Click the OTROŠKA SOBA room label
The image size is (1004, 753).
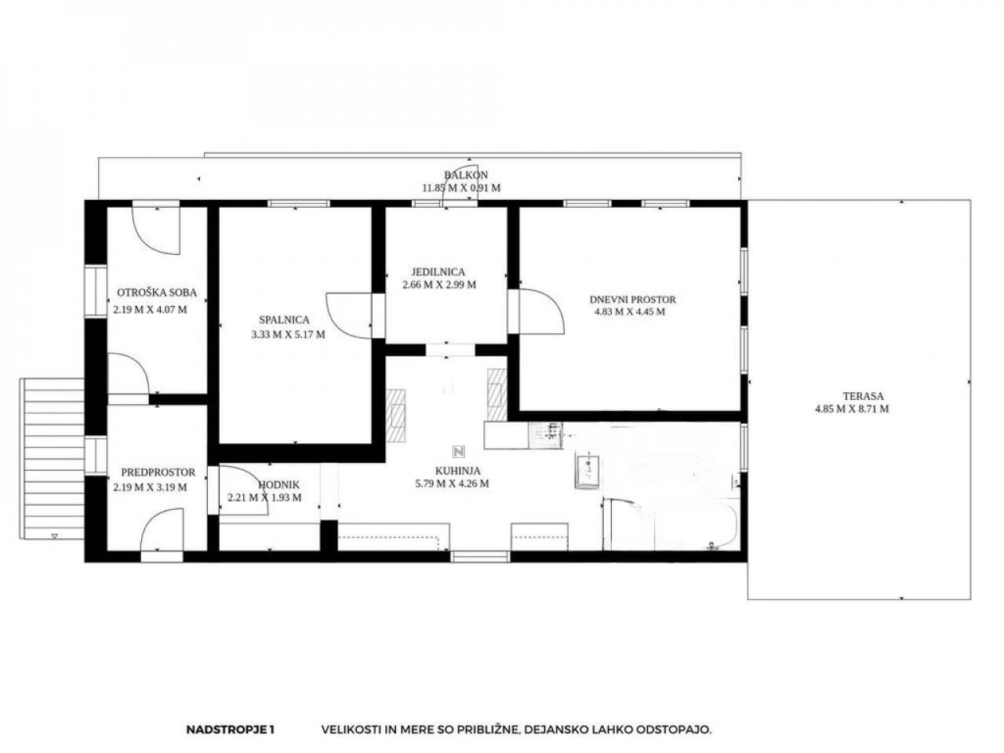point(156,293)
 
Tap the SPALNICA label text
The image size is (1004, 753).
point(284,320)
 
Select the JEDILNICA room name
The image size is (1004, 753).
point(438,272)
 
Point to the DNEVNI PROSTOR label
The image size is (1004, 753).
point(632,300)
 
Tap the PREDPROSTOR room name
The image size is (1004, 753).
point(158,472)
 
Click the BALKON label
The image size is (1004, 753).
point(466,175)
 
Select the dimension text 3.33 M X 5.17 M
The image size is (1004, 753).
point(288,335)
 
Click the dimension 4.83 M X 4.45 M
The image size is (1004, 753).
point(629,312)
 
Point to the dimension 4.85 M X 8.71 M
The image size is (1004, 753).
point(852,409)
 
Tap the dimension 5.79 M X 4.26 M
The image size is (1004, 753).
point(452,483)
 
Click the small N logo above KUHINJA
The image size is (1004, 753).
point(458,452)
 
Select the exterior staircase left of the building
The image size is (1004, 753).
point(52,459)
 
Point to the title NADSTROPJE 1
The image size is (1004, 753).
point(230,729)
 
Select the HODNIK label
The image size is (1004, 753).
point(278,485)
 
